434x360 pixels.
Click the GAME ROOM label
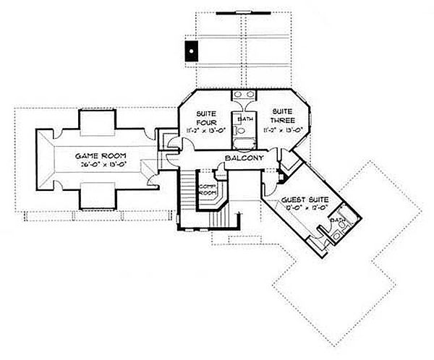(96, 155)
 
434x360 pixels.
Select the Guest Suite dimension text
(307, 208)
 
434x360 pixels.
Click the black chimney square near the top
(190, 51)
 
